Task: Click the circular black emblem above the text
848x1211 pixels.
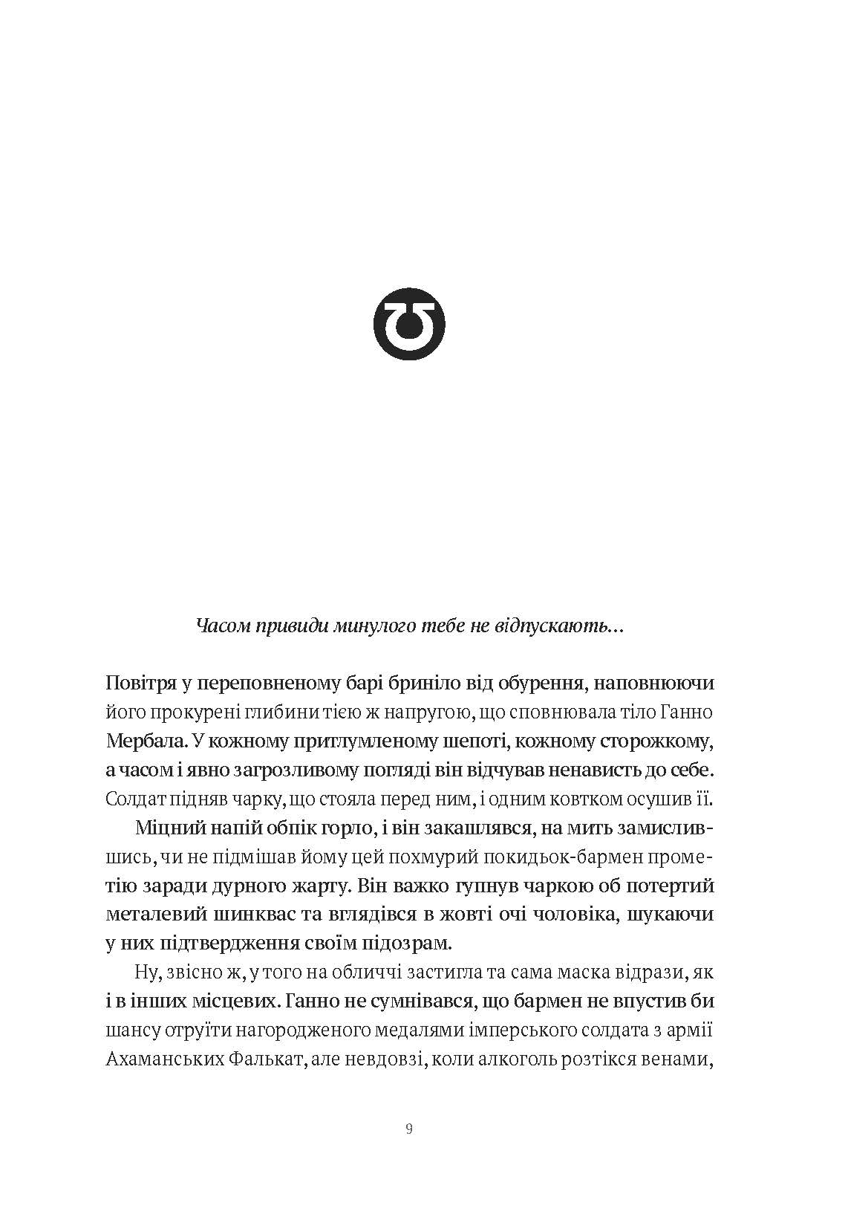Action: click(409, 321)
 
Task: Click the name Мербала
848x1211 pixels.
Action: click(144, 741)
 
